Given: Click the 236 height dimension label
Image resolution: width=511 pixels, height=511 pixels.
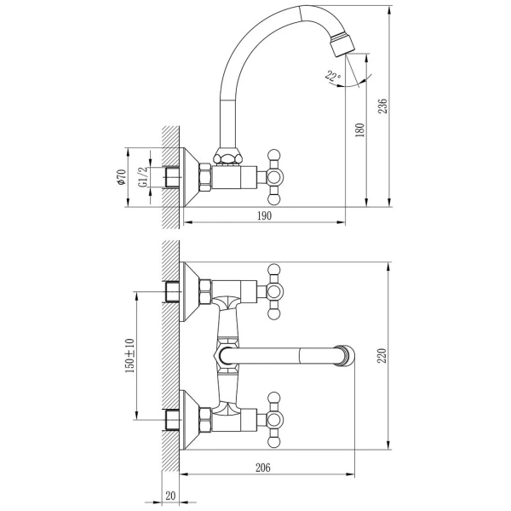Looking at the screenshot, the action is coord(383,106).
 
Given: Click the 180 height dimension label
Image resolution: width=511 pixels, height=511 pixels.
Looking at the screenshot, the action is coord(359,130).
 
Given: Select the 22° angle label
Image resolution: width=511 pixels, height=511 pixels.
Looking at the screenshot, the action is coord(332,77).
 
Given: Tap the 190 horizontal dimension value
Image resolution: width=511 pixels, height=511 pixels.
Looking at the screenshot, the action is coord(264,215).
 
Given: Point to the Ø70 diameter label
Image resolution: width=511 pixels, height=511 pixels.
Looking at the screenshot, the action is coord(121,177).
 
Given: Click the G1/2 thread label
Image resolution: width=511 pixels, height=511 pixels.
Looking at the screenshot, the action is coord(143,177).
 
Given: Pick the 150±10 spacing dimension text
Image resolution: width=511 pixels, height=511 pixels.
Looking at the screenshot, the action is coord(129,355).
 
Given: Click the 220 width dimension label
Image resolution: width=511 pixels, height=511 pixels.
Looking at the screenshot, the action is coord(382,355).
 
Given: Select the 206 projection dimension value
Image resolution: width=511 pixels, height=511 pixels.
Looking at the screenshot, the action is coord(262,468).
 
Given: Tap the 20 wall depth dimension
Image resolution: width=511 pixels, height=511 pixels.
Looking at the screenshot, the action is coord(170,496).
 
